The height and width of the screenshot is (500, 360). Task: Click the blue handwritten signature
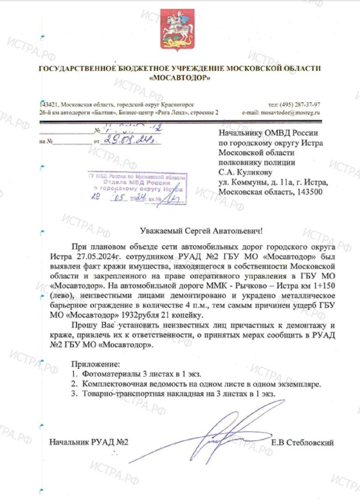[x=229, y=430]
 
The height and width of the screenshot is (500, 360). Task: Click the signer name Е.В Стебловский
[x=303, y=443]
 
